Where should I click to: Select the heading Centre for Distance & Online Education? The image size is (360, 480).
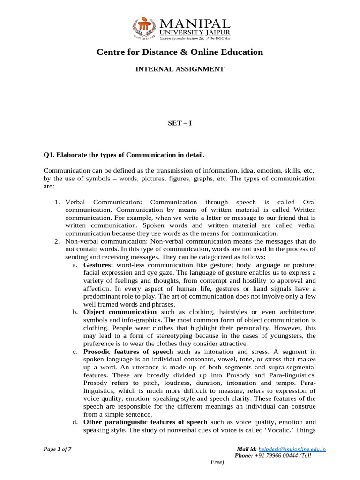click(x=180, y=52)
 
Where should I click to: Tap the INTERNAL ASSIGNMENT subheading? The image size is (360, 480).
click(x=180, y=69)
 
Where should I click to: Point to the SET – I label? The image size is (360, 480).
click(x=180, y=123)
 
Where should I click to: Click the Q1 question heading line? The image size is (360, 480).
click(x=124, y=155)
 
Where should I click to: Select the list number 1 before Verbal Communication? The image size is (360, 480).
click(x=55, y=202)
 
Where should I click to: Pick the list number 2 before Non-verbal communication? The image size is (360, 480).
click(x=55, y=241)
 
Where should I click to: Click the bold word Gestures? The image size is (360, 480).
click(x=98, y=265)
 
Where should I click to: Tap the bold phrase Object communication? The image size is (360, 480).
click(x=120, y=312)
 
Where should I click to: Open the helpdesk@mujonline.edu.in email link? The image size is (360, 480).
click(x=292, y=449)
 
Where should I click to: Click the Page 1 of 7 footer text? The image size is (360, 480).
click(x=57, y=449)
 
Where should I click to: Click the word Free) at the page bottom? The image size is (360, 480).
click(x=217, y=462)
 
